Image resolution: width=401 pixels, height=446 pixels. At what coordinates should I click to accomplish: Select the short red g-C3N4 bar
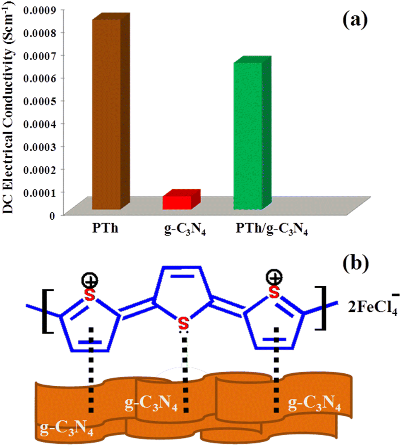coord(181,199)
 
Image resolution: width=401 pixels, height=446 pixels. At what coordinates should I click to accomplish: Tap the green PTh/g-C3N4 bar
coord(252,133)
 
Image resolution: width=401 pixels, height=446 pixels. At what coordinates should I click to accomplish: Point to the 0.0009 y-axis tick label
coord(40,10)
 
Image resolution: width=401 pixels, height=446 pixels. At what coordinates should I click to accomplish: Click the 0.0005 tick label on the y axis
coord(40,101)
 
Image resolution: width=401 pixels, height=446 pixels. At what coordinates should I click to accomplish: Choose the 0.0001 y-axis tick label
coord(40,192)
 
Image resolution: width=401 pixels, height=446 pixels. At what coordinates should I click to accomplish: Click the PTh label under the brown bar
coord(105,228)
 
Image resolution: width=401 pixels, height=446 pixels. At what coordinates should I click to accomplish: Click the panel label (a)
coord(355,21)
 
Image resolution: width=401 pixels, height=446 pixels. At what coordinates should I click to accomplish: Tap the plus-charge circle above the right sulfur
coord(274,278)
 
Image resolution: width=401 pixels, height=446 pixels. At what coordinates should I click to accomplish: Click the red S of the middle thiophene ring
coord(184,324)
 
